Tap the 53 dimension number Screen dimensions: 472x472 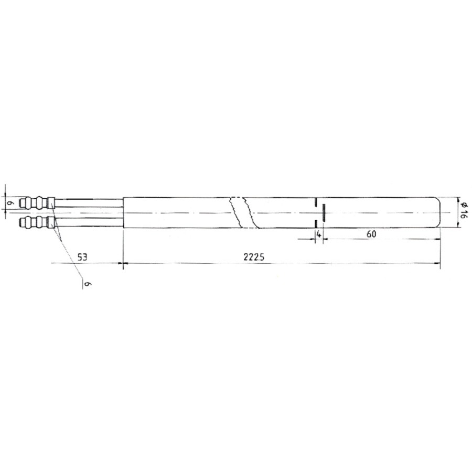tap(82, 258)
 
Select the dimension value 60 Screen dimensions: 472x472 tap(371, 234)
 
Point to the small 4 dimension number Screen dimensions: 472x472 tap(318, 234)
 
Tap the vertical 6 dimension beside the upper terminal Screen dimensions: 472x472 tap(9, 203)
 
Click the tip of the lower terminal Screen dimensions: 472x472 tap(19, 223)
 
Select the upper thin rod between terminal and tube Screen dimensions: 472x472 tap(89, 202)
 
